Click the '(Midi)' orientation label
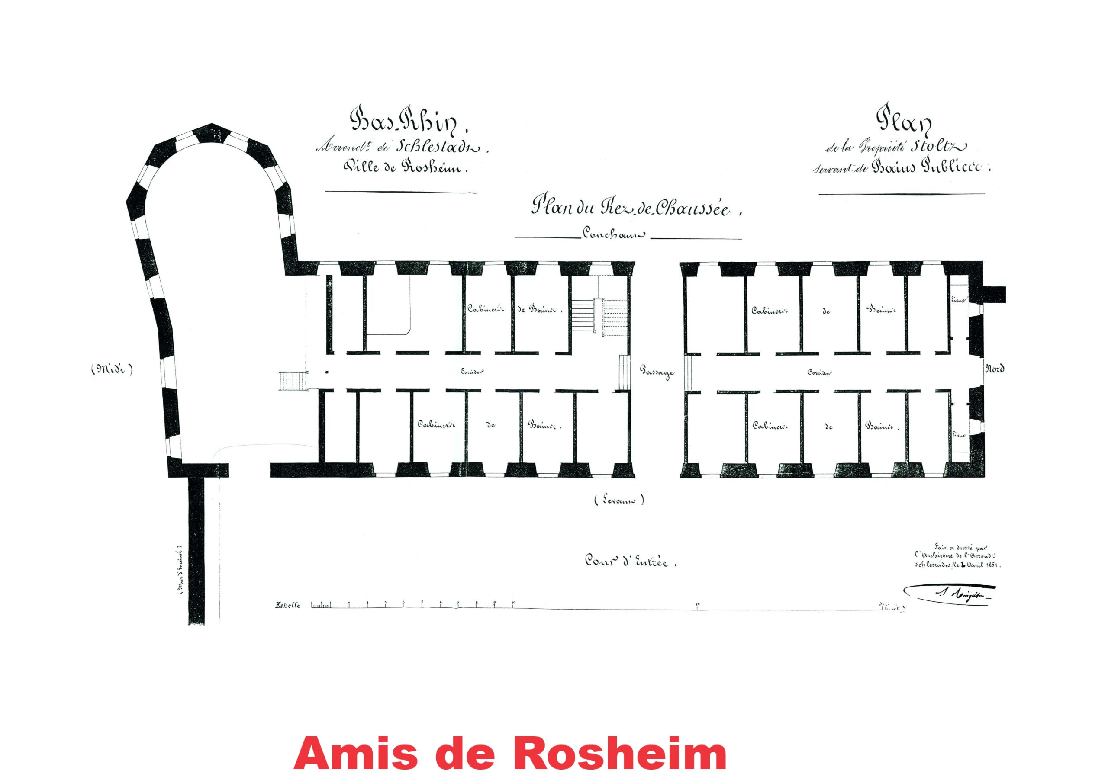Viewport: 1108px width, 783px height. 112,369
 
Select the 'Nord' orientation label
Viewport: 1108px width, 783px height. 995,369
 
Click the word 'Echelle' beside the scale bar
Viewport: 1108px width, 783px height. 288,606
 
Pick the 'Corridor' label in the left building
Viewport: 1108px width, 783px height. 472,372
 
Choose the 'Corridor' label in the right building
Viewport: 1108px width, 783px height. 820,372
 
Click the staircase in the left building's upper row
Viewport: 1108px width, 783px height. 599,315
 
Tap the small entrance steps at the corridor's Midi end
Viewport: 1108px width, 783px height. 293,381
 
